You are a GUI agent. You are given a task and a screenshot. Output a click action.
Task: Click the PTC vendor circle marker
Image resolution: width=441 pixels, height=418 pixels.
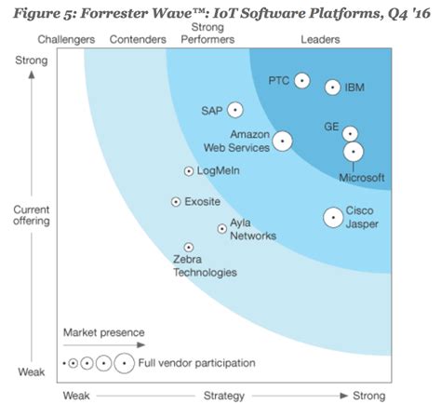click(x=301, y=81)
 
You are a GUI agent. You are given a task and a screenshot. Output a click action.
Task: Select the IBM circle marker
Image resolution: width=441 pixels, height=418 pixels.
click(x=332, y=88)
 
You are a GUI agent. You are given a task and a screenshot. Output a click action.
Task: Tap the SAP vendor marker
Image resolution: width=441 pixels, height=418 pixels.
click(x=235, y=110)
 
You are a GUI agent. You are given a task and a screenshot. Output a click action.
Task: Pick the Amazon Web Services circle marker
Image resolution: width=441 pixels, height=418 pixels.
click(x=282, y=142)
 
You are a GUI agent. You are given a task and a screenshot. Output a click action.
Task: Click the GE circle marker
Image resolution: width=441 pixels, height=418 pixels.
click(x=350, y=133)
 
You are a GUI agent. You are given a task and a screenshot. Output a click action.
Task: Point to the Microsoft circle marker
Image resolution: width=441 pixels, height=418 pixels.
click(x=353, y=152)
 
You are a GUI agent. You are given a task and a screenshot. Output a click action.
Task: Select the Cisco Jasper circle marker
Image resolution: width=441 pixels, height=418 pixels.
click(x=332, y=217)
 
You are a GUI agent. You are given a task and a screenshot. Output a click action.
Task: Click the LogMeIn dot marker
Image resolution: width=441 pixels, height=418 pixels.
click(x=189, y=171)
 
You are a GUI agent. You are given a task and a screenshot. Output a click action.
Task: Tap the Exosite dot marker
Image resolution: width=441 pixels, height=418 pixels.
click(x=176, y=202)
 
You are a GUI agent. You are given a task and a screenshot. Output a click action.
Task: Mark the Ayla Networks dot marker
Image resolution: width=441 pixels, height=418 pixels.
click(x=221, y=228)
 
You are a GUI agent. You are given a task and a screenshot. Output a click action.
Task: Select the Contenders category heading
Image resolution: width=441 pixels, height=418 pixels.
click(x=137, y=39)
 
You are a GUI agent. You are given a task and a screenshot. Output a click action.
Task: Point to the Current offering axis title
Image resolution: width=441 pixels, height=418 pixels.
click(x=31, y=216)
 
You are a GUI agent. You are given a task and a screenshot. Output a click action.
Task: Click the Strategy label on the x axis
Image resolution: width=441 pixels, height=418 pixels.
click(x=223, y=396)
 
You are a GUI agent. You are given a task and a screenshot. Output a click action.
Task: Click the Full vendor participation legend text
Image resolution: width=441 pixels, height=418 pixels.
click(x=197, y=362)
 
